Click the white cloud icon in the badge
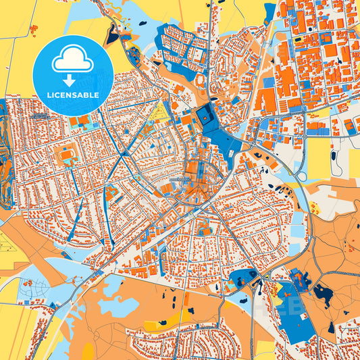[x=73, y=61]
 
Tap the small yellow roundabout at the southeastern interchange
[x=279, y=289]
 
